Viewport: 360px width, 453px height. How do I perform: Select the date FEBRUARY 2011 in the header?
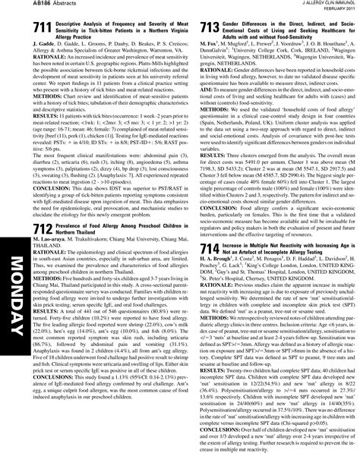pyautogui.click(x=336, y=11)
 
